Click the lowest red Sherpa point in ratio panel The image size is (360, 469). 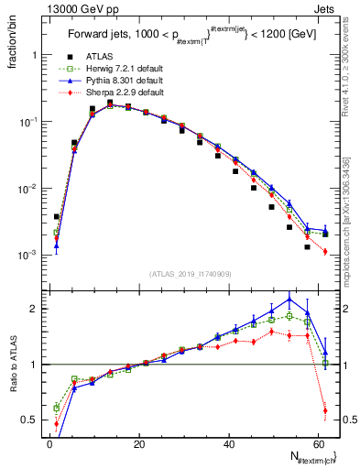(325, 409)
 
